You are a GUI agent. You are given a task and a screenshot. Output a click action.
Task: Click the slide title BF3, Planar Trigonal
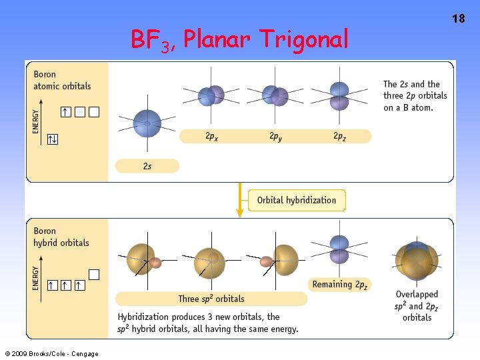pos(239,40)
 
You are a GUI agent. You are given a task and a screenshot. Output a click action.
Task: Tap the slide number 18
pos(459,19)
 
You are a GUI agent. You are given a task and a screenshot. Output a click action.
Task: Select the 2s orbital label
pos(147,166)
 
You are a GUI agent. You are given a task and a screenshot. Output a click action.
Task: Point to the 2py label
pos(275,136)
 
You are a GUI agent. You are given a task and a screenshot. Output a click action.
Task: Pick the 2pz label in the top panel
pos(340,136)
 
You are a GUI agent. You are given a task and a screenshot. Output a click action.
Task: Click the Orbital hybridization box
pos(297,200)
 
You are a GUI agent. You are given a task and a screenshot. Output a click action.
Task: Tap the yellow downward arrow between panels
pos(239,200)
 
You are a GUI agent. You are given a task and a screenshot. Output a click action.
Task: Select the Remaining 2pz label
pos(339,285)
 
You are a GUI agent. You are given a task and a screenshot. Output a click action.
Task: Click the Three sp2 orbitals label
pos(211,299)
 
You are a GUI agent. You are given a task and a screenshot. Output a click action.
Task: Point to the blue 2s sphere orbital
pos(147,123)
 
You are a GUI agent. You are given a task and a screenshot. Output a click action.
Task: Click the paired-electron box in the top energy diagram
pos(52,139)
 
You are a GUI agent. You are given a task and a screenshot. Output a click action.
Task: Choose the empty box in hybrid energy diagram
pos(94,274)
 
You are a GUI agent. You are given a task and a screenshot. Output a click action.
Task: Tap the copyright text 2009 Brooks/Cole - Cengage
pos(51,353)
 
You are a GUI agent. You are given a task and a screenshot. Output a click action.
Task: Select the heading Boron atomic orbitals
pos(62,80)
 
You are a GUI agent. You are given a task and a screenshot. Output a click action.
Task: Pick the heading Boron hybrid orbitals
pos(61,237)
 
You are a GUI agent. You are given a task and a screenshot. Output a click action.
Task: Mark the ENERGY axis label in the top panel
pos(36,121)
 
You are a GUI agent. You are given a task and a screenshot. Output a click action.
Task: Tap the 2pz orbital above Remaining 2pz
pos(339,250)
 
